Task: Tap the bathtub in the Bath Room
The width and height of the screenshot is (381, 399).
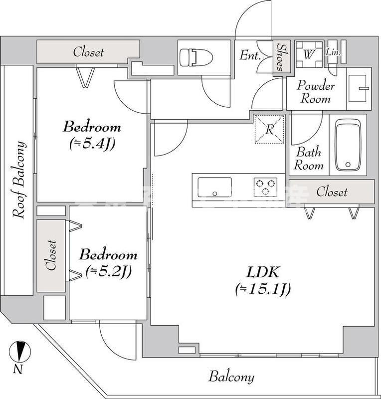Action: coord(348,145)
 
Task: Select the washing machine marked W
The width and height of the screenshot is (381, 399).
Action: coord(308,54)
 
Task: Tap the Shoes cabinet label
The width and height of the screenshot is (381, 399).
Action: coord(280,57)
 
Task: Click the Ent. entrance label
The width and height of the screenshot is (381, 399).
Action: coord(250,55)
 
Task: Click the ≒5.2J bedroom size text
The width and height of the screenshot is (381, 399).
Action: coord(108,271)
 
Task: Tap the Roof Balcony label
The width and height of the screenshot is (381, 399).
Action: coord(19,180)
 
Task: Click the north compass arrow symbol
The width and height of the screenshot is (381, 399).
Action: coord(19,352)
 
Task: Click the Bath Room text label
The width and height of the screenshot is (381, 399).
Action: coord(308,159)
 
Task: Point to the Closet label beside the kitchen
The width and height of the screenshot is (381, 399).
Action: coord(332,192)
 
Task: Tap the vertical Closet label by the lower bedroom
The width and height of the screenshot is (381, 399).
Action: coord(51,255)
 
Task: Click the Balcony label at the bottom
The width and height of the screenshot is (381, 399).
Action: coord(231,377)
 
